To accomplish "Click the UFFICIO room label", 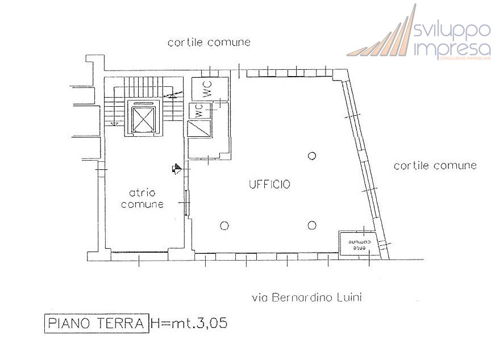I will click(269, 184).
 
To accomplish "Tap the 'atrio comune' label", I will click(142, 198).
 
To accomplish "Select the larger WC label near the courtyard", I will click(208, 90).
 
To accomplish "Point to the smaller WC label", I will click(199, 110).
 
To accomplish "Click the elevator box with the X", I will click(143, 118).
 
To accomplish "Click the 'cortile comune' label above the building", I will click(209, 43).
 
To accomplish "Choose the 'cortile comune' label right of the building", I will click(435, 166).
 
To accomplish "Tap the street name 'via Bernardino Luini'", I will click(307, 297).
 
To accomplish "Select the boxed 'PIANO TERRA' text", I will click(95, 324).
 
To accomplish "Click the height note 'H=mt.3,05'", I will click(189, 324).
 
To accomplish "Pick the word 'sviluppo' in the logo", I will click(453, 30).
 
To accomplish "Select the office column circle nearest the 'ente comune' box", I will click(311, 225).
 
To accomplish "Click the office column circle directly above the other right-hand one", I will click(311, 156).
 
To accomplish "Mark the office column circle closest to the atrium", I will click(224, 225).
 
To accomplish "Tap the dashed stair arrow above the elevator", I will click(173, 94).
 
